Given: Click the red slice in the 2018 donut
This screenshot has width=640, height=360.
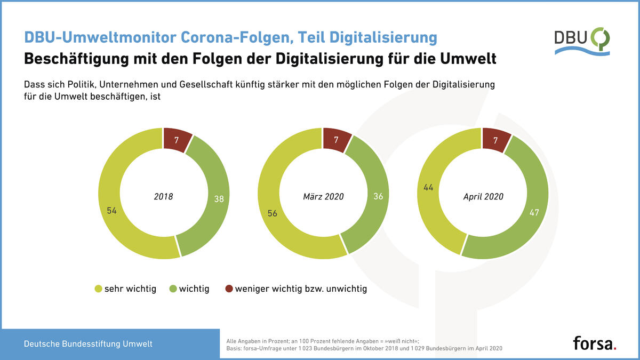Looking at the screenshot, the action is coord(177,140).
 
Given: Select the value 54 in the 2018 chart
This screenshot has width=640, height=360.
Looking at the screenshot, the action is coord(111,211).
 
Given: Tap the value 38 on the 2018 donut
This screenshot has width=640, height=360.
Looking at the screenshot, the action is coord(219,199).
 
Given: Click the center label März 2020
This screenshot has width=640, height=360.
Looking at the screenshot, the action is coord(323,197).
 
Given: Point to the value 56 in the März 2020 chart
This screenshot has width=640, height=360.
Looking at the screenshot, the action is coord(273,213).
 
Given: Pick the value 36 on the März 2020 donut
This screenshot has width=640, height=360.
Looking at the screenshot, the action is coord(378,196).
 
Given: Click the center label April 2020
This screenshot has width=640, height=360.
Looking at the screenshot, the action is coord(483,197).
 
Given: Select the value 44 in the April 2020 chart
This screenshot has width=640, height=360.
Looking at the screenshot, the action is coord(428,187).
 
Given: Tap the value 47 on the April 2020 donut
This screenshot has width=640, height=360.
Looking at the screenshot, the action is coord(534,212).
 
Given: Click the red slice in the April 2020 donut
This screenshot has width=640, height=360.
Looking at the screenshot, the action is coord(496,140).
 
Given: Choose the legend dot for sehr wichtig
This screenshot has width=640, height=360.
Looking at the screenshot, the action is coord(98,289).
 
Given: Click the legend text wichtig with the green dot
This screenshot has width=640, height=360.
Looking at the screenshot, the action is coord(194,289).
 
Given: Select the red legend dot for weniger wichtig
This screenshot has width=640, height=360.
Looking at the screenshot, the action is coord(229,289).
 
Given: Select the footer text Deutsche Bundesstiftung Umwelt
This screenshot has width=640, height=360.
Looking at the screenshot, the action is coord(88,343).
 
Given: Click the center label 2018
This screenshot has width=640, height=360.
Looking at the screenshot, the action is coord(163,197).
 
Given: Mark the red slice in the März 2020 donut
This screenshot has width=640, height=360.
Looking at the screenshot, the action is coord(337,140).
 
